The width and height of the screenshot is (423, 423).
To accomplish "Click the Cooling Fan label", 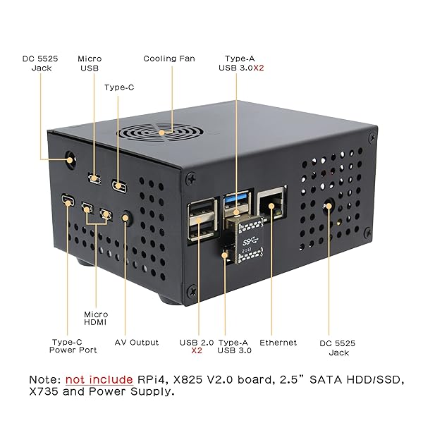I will pos(169,59).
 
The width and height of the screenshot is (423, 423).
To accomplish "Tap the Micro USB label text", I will pos(90,63).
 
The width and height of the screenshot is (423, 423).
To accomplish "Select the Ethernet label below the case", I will pos(278,343).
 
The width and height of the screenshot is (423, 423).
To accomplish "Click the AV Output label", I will pos(137,343).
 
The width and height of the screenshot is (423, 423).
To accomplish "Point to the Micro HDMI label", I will pos(96,319).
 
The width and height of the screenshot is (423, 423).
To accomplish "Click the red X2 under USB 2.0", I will pos(197,350).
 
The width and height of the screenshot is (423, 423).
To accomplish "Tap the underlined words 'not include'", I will pos(100,380).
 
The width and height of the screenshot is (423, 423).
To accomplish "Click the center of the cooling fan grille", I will pos(163,132).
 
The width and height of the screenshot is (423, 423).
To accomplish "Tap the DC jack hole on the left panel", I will pos(70,159).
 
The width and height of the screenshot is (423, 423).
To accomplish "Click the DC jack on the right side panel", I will pos(329,206).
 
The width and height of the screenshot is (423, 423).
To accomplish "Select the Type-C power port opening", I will pos(68,202).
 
